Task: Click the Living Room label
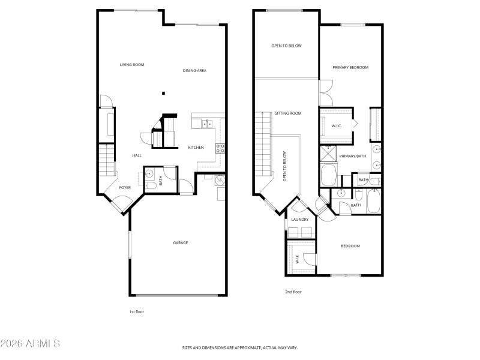click(x=131, y=65)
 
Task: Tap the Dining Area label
click(x=194, y=71)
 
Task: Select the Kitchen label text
click(x=196, y=148)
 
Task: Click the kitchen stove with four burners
click(x=220, y=148)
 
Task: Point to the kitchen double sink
click(x=206, y=124)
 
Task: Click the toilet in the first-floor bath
click(x=151, y=186)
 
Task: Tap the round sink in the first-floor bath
click(x=151, y=175)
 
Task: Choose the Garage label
click(x=181, y=243)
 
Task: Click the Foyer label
click(x=125, y=188)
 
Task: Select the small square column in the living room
click(x=163, y=93)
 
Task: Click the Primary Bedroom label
click(x=350, y=68)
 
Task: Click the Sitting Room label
click(x=288, y=113)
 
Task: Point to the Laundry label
click(x=299, y=220)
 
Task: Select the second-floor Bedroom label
click(x=350, y=246)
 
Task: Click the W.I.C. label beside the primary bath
click(x=337, y=125)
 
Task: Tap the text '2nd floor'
click(x=293, y=292)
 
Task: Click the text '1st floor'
click(x=137, y=311)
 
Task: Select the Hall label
click(x=137, y=156)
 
